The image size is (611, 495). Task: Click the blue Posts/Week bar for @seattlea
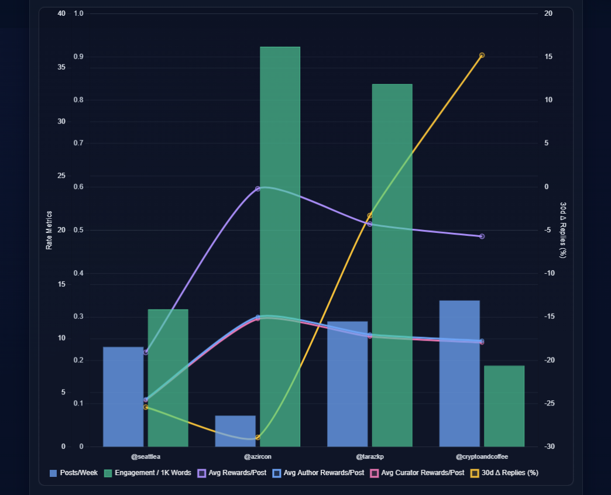click(123, 397)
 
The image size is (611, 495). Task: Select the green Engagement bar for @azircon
click(280, 246)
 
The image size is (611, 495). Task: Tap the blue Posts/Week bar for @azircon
click(235, 431)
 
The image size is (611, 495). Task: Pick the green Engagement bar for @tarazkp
click(392, 265)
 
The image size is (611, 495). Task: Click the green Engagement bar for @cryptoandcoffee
click(504, 406)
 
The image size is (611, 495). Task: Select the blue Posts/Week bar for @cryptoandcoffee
click(459, 373)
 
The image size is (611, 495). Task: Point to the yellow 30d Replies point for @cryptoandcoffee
click(482, 56)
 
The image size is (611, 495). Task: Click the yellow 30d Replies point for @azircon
click(258, 438)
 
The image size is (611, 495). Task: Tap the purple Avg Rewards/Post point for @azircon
click(258, 189)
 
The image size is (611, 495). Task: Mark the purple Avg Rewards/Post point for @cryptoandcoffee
click(482, 236)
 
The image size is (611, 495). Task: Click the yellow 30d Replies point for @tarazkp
click(370, 216)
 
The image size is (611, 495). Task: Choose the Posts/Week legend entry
click(74, 473)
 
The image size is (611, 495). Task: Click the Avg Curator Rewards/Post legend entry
click(418, 473)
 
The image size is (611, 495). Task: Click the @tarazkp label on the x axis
click(370, 456)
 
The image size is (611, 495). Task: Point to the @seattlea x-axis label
click(146, 456)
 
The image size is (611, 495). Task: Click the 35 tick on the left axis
click(61, 67)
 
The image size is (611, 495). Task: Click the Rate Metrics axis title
click(49, 230)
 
